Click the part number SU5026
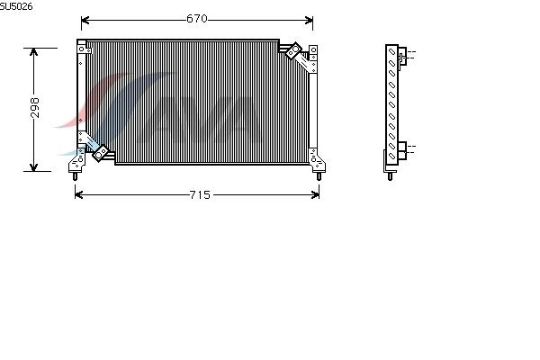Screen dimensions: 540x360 tap(16, 6)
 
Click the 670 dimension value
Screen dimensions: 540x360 tap(197, 19)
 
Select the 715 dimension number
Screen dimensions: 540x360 tap(200, 195)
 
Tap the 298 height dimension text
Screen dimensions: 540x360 tap(35, 108)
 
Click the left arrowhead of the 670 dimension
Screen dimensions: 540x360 tap(85, 21)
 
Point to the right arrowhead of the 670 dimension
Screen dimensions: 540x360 tap(309, 21)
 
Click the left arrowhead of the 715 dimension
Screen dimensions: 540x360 tap(79, 195)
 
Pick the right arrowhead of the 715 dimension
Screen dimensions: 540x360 tap(315, 195)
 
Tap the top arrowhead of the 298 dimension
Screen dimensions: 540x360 tap(33, 52)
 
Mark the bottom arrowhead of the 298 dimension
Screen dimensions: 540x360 tap(33, 167)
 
